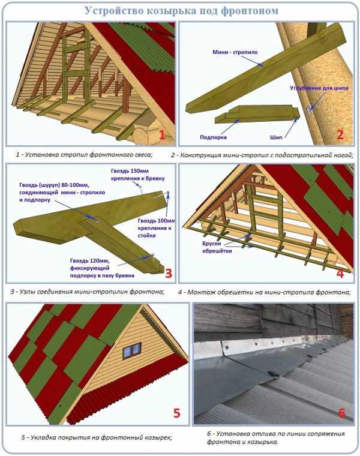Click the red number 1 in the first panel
tap(162, 134)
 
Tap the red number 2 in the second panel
tap(340, 134)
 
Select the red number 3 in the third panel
tap(169, 273)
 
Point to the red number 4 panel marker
tap(340, 274)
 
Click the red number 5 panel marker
tap(177, 413)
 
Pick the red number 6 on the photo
tap(341, 413)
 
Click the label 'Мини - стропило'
tap(235, 52)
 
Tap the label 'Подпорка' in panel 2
tap(213, 137)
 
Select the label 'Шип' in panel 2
tap(276, 137)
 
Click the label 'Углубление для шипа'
tap(319, 88)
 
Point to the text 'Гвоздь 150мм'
tap(130, 171)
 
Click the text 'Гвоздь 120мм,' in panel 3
tap(89, 260)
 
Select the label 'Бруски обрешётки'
tap(217, 247)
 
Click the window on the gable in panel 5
tap(132, 351)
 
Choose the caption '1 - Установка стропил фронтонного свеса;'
tap(84, 154)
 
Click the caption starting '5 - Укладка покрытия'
tap(96, 437)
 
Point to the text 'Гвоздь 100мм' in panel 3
tap(157, 221)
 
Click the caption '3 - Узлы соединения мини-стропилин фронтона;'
tap(88, 292)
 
